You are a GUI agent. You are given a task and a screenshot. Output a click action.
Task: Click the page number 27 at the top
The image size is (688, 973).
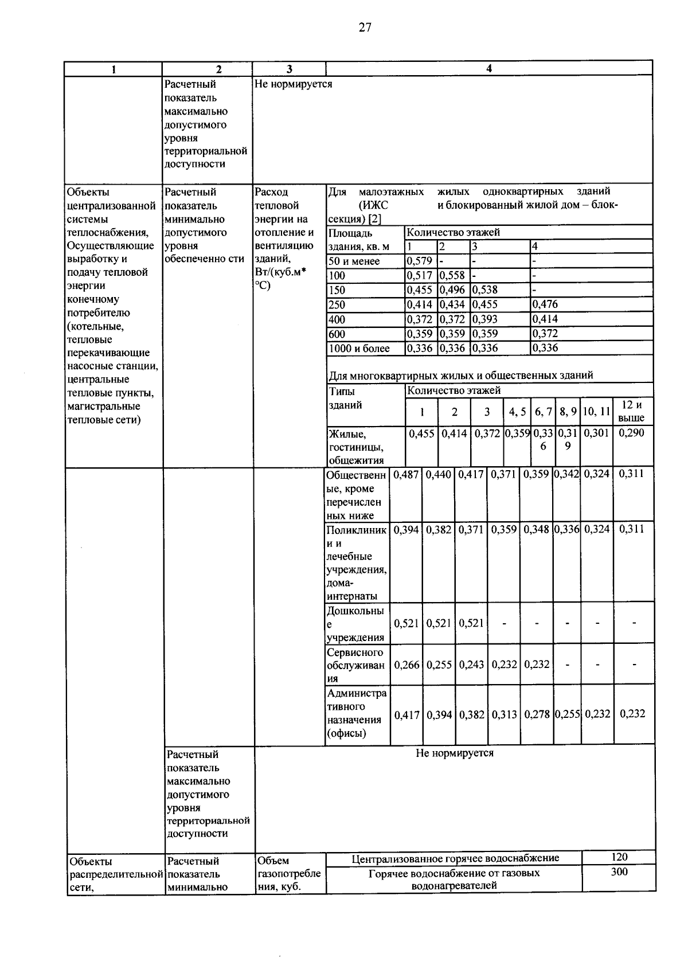pyautogui.click(x=366, y=28)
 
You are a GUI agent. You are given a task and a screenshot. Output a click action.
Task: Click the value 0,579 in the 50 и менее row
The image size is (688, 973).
pyautogui.click(x=419, y=261)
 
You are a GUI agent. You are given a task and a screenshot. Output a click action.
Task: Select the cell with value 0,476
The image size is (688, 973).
pyautogui.click(x=545, y=304)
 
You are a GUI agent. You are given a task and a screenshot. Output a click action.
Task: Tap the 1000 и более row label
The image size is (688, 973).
pyautogui.click(x=359, y=348)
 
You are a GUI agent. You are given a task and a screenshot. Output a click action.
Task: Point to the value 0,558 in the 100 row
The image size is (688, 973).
pyautogui.click(x=452, y=276)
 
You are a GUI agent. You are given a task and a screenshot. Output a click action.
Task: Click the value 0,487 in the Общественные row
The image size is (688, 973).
pyautogui.click(x=406, y=474)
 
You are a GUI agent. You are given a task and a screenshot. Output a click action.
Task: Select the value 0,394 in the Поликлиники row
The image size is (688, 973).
pyautogui.click(x=406, y=529)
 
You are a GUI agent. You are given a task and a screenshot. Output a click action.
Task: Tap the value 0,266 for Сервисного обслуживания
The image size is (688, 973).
pyautogui.click(x=406, y=665)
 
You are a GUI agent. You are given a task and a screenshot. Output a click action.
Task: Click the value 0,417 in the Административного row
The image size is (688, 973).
pyautogui.click(x=406, y=714)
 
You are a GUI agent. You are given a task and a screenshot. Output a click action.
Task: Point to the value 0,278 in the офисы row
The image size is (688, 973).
pyautogui.click(x=537, y=714)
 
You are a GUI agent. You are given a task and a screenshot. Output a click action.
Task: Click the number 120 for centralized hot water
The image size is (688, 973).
pyautogui.click(x=619, y=857)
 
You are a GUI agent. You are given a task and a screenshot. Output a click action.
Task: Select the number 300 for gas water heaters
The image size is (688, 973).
pyautogui.click(x=619, y=872)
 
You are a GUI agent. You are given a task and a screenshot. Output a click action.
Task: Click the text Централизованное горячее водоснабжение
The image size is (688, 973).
pyautogui.click(x=455, y=858)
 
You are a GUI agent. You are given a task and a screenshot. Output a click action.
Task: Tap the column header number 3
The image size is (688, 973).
pyautogui.click(x=289, y=69)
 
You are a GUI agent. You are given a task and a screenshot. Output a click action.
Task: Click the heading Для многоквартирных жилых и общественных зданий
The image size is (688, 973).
pyautogui.click(x=460, y=376)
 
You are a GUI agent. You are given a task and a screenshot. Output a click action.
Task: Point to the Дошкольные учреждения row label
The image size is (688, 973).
pyautogui.click(x=355, y=624)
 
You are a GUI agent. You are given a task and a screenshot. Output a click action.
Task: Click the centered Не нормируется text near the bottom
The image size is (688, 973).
pyautogui.click(x=454, y=753)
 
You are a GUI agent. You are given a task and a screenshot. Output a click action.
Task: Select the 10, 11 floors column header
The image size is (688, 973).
pyautogui.click(x=596, y=412)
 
